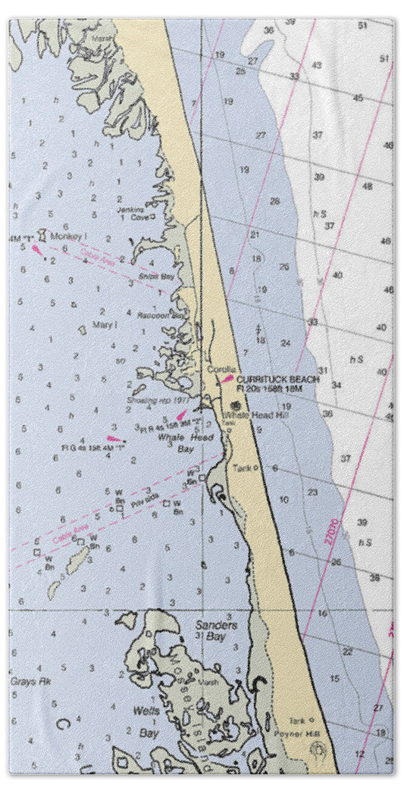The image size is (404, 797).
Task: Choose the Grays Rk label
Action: click(x=24, y=680)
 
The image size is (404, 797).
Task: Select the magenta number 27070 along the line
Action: click(x=330, y=531)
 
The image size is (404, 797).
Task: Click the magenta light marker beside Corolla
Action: click(x=227, y=378)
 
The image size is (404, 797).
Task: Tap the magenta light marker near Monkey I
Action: click(x=36, y=247)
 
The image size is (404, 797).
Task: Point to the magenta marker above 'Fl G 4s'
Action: click(x=114, y=438)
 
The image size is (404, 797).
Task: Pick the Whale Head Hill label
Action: click(x=246, y=415)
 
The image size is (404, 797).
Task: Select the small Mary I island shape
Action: click(x=82, y=330)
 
